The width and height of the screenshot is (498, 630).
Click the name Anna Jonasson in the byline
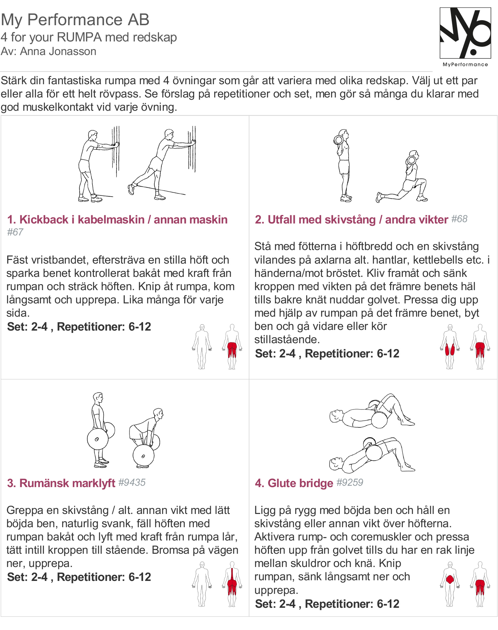[58, 52]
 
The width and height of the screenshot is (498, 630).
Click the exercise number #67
[15, 232]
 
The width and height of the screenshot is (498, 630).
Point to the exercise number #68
[459, 219]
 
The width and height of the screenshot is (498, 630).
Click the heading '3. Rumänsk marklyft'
[61, 483]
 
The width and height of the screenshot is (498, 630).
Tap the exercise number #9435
[132, 482]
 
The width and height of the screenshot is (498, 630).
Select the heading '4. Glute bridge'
[294, 483]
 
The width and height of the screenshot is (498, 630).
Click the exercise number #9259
[350, 482]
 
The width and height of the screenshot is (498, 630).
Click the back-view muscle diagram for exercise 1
[232, 347]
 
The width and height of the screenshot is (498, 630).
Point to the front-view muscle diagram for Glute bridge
[450, 584]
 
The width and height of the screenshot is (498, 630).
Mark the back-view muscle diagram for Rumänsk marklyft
[232, 584]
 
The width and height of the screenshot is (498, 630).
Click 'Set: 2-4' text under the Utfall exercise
[275, 354]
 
